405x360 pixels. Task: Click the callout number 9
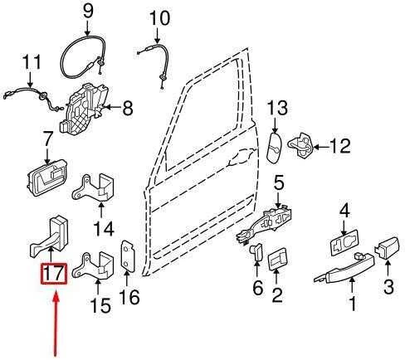[x=88, y=11]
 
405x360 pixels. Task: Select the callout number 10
[x=159, y=18]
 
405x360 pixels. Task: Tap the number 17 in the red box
[x=54, y=274]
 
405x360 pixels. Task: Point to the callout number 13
[x=277, y=108]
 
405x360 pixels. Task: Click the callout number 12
[x=340, y=146]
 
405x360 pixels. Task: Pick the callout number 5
[x=279, y=183]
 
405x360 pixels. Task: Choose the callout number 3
[x=388, y=286]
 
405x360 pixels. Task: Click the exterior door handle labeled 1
[x=344, y=268]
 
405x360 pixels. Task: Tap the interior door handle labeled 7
[x=47, y=178]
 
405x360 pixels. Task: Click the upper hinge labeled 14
[x=93, y=188]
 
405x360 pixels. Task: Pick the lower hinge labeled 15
[x=93, y=265]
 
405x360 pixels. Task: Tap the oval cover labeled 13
[x=275, y=148]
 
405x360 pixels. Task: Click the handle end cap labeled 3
[x=387, y=247]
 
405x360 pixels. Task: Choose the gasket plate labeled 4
[x=344, y=242]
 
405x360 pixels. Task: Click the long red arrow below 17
[x=56, y=323]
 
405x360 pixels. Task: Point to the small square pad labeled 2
[x=277, y=260]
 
